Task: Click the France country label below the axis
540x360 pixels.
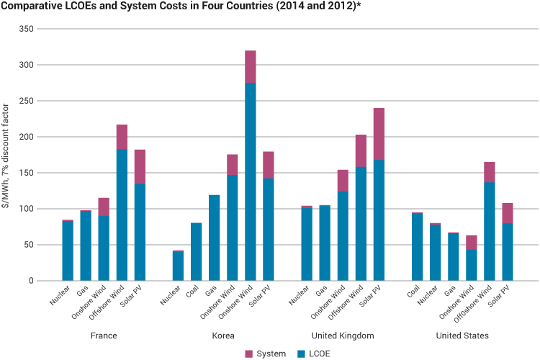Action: (104, 336)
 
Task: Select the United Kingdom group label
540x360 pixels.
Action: (343, 336)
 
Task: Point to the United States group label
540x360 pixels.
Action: (462, 336)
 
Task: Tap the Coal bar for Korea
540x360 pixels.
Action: (197, 252)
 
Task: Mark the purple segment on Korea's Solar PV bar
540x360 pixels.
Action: (269, 164)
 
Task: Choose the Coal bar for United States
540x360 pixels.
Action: (416, 246)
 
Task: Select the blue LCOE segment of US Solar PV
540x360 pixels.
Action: (506, 252)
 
